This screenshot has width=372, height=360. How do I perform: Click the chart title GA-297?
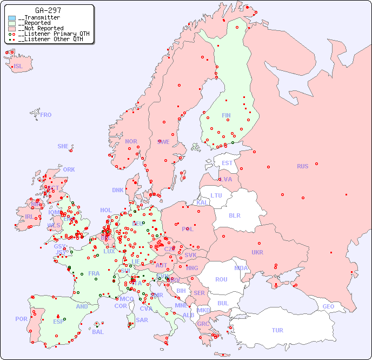[48, 10]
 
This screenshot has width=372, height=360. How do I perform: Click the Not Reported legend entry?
[41, 28]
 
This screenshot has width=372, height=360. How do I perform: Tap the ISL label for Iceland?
[18, 67]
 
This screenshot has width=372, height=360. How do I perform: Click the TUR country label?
[277, 330]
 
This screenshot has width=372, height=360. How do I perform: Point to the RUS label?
[302, 166]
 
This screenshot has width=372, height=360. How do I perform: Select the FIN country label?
[226, 115]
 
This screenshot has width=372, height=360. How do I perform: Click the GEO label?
[328, 306]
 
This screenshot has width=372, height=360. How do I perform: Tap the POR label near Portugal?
[21, 319]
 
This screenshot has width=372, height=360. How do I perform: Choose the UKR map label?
[257, 252]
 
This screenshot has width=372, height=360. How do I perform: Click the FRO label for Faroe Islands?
[46, 115]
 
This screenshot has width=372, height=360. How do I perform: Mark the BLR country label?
[234, 215]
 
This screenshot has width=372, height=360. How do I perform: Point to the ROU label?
[221, 279]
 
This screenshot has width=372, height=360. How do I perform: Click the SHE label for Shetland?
[63, 146]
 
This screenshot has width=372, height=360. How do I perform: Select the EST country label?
[227, 163]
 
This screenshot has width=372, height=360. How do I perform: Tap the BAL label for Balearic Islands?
[98, 332]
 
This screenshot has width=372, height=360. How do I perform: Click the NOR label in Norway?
[131, 141]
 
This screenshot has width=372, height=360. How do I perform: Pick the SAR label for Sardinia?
[142, 320]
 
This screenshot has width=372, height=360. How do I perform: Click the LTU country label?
[216, 195]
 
